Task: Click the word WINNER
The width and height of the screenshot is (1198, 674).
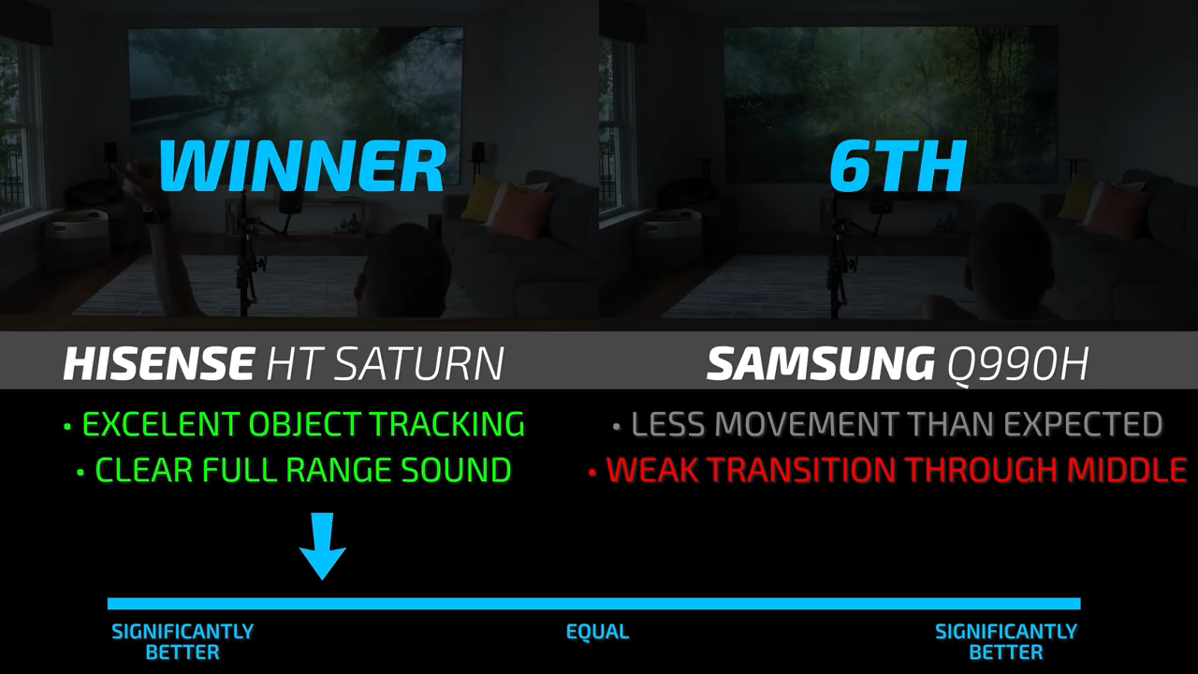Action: coord(302,166)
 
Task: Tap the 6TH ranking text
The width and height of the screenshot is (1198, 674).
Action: coord(898,166)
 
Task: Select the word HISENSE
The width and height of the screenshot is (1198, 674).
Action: coord(158,363)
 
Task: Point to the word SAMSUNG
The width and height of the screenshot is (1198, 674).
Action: coord(821,363)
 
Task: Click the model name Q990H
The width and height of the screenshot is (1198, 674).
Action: coord(1017,364)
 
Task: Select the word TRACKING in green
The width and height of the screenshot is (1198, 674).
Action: coord(448,424)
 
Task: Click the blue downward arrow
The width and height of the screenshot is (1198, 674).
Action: coord(323,546)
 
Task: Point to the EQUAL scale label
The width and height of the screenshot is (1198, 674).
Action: coord(597,632)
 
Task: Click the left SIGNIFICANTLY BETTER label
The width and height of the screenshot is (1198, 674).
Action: coord(183,642)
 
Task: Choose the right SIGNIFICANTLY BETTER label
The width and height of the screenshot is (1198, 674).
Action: coord(1005,642)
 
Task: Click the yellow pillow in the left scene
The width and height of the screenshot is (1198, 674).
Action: coord(477,198)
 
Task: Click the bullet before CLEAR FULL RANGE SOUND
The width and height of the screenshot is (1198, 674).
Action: coord(80,473)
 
